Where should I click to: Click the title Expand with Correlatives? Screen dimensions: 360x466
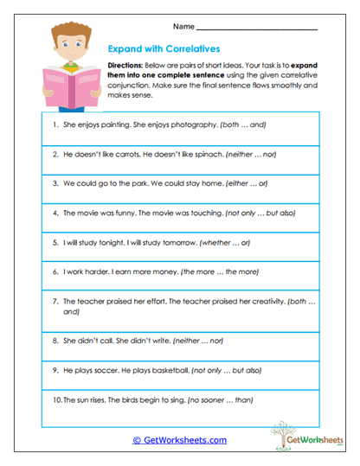pyautogui.click(x=164, y=50)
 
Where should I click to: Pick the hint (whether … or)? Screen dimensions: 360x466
pyautogui.click(x=225, y=242)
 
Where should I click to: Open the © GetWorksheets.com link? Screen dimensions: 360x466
pyautogui.click(x=179, y=440)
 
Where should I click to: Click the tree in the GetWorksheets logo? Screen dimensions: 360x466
pyautogui.click(x=284, y=431)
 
